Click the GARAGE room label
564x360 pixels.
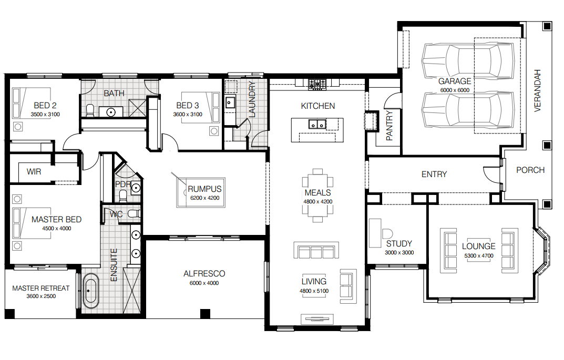click(455, 81)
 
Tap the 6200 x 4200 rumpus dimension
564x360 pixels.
click(204, 198)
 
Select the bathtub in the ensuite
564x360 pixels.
click(90, 291)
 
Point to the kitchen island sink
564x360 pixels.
click(317, 125)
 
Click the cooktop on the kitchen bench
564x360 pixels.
click(317, 85)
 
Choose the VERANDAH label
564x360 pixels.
click(537, 90)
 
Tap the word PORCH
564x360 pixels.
click(530, 170)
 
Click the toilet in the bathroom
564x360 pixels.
click(90, 110)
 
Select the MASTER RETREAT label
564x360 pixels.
click(41, 288)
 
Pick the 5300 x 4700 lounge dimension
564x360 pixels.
click(479, 256)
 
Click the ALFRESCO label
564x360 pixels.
click(204, 274)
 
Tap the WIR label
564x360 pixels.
click(34, 171)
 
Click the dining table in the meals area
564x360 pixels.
click(317, 196)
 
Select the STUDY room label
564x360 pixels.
click(399, 243)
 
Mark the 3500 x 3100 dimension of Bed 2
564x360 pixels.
click(45, 115)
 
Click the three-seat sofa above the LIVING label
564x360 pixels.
click(316, 250)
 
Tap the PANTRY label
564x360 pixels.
click(389, 126)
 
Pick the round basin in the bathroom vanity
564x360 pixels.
click(111, 112)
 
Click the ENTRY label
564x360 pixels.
click(434, 174)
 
